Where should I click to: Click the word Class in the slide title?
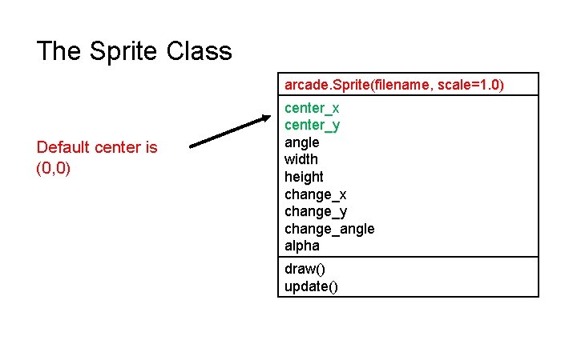tap(200, 52)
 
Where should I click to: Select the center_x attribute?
tap(312, 108)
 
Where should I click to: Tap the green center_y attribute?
tap(312, 125)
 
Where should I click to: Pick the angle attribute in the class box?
tap(302, 142)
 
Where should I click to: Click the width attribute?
tap(301, 159)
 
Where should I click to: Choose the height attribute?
tap(304, 177)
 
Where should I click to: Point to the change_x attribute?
tap(315, 194)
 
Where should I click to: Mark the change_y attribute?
tap(315, 211)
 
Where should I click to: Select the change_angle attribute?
tap(329, 229)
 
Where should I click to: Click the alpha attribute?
tap(302, 246)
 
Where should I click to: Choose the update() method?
tap(311, 286)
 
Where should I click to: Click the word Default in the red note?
tap(63, 147)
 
